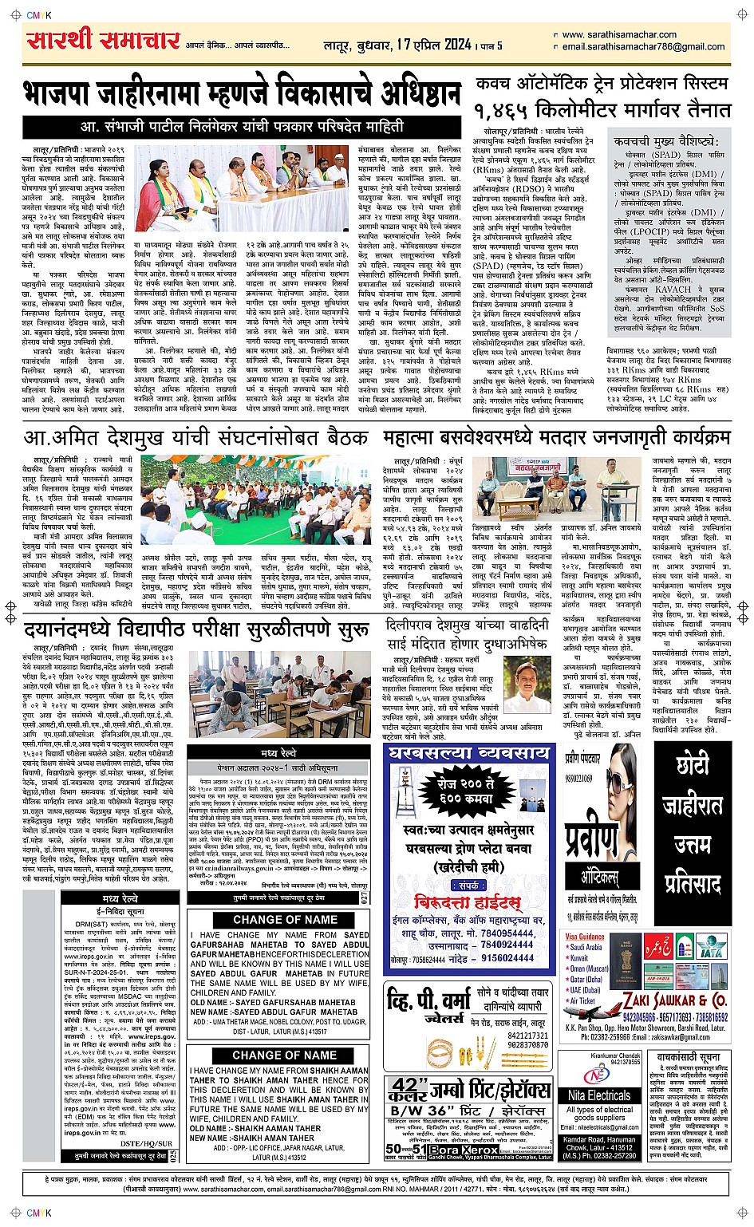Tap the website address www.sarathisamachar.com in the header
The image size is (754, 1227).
point(619,35)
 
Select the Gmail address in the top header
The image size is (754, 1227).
point(643,47)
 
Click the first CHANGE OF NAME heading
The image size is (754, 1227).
point(279,920)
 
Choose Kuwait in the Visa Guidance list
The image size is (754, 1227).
point(579,958)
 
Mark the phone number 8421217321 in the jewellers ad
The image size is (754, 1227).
point(527,1036)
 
